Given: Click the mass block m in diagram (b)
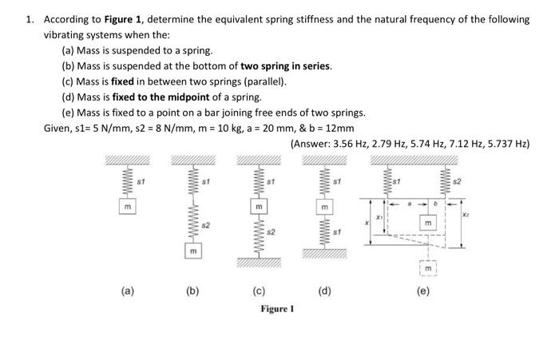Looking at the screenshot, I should pos(191,251).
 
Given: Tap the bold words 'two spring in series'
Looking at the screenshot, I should pos(285,65).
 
